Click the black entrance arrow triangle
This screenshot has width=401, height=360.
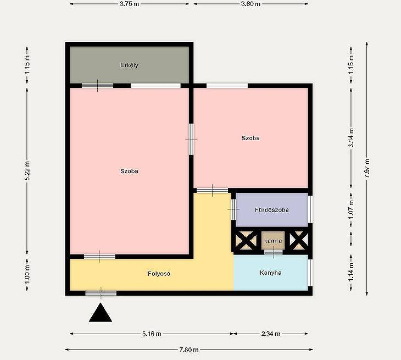(101, 313)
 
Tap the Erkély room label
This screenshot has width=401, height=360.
(129, 65)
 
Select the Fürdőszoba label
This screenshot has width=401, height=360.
(272, 210)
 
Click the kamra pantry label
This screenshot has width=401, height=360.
(273, 241)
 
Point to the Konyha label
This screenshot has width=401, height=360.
(271, 273)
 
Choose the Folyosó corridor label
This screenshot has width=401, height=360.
(159, 274)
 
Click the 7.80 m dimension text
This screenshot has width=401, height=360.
(189, 350)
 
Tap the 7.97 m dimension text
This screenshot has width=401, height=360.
(367, 169)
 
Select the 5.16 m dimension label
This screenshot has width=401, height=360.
(152, 334)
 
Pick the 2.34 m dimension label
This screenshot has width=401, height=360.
(271, 334)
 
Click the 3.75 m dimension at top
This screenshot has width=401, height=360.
(129, 4)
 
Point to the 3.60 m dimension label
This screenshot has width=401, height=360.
(250, 4)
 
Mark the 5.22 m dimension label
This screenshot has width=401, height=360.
(27, 171)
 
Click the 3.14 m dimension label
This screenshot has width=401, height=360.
(351, 137)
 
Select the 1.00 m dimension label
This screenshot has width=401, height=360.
(27, 274)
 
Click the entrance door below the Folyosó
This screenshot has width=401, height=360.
(101, 293)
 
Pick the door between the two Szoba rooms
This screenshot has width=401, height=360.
(191, 139)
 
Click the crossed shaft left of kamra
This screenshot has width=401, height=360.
(246, 240)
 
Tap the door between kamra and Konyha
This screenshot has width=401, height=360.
(274, 252)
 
